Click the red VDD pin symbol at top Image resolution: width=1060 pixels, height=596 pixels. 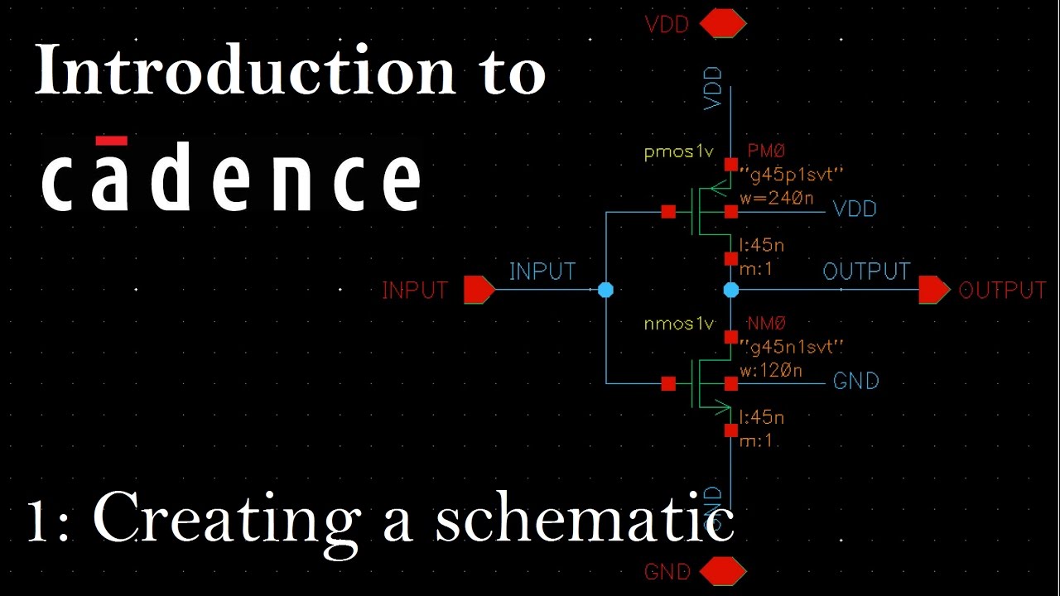tap(723, 25)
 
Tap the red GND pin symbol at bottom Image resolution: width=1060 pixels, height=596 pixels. tap(723, 571)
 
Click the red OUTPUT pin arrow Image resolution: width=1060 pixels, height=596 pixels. tap(934, 290)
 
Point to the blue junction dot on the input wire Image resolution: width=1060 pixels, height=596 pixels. tap(605, 290)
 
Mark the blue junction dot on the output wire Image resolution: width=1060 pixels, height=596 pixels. tap(731, 290)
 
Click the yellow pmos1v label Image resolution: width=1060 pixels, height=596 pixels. tap(678, 152)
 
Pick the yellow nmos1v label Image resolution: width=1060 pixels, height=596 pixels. tap(678, 324)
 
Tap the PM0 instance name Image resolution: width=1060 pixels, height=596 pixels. tap(766, 151)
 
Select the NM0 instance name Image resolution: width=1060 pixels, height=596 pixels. tap(766, 324)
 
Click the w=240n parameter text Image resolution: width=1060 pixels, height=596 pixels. tap(771, 199)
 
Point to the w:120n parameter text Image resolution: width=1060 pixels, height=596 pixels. tap(771, 371)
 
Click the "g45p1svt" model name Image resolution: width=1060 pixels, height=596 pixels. tap(790, 175)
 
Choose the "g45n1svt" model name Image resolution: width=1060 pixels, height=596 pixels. tap(790, 347)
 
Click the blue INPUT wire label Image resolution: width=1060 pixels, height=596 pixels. tap(542, 272)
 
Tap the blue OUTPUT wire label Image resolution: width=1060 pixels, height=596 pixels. tap(866, 272)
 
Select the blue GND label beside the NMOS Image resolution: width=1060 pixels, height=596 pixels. tap(855, 381)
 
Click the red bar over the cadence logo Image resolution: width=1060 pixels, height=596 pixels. tap(111, 141)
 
